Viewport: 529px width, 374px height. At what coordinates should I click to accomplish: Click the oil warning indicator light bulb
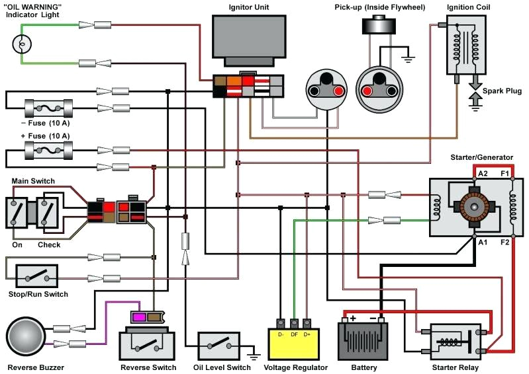(22, 44)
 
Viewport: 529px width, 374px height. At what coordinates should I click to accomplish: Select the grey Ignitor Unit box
(244, 36)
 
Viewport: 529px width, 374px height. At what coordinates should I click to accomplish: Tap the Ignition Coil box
(466, 44)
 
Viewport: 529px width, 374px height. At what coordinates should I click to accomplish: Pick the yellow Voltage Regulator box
(297, 342)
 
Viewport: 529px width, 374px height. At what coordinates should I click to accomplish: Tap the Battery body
(363, 341)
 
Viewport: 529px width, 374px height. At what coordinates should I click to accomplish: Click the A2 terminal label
(483, 174)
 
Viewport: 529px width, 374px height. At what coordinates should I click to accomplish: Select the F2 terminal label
(505, 242)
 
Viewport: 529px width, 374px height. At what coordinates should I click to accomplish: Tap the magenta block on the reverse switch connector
(140, 317)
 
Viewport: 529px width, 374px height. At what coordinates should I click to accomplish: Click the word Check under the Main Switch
(49, 245)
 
